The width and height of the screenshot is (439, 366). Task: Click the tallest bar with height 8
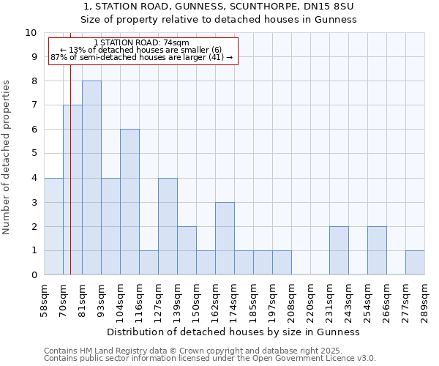coord(91,178)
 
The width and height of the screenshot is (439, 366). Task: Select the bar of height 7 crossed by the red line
coord(72,190)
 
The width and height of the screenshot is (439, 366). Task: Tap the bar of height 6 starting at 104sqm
coord(130,202)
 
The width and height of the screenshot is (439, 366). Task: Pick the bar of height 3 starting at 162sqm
coord(225,239)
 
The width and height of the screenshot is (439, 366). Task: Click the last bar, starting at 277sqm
coord(415,263)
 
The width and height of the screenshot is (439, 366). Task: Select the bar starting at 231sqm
coord(339,251)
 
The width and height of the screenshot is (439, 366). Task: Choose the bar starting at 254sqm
coord(377,251)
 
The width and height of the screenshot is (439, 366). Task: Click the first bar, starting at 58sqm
coord(53,227)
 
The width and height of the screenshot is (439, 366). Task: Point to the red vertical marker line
coord(70,146)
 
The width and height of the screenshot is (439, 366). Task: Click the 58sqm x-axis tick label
coord(45,300)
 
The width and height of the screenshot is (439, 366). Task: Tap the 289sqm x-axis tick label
coord(425,300)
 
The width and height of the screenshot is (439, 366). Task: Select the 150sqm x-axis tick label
coord(197,300)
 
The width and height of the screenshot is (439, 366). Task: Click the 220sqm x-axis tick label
coord(311,300)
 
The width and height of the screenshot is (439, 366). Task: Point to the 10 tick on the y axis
coord(31,33)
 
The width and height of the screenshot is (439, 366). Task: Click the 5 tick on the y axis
coord(33,154)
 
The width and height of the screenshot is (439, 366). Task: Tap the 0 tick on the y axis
coord(33,275)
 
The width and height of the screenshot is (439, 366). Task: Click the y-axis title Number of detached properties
coord(7,157)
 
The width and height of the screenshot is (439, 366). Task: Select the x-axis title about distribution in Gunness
coord(234,332)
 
